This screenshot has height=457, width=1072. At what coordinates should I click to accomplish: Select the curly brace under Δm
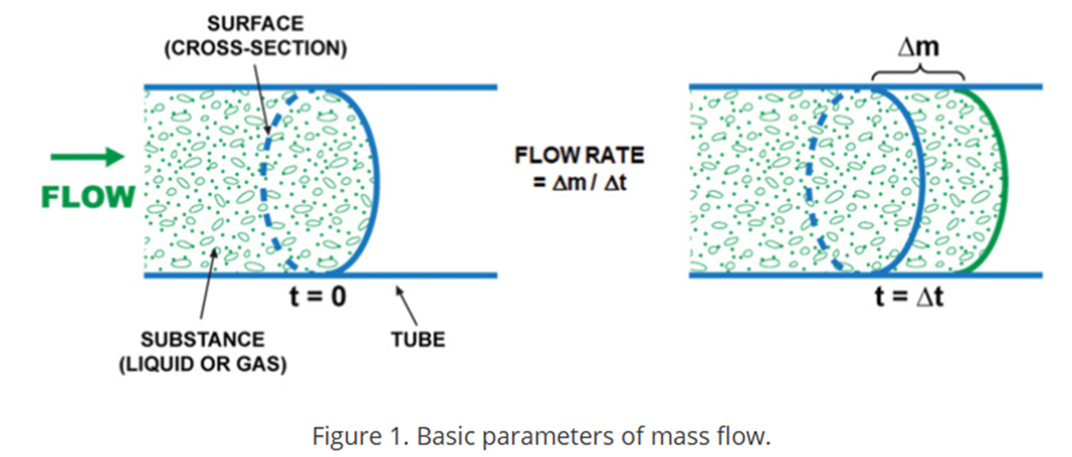pyautogui.click(x=918, y=73)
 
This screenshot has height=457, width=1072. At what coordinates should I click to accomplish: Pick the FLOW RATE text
pyautogui.click(x=580, y=157)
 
